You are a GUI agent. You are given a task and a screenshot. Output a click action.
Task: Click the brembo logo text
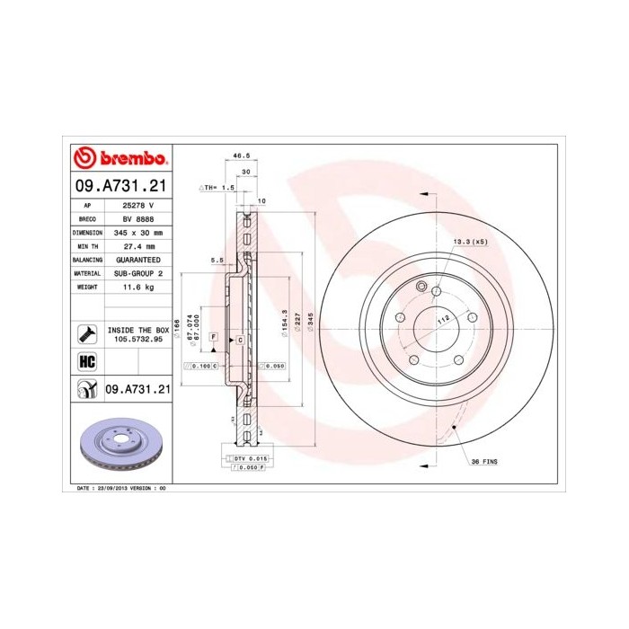pyautogui.click(x=131, y=159)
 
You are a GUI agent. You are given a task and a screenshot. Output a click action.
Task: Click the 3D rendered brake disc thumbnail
pyautogui.click(x=120, y=447)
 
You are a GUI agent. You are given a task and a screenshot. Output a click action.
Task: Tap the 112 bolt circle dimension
pyautogui.click(x=442, y=318)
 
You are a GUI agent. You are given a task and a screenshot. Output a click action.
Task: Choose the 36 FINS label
pyautogui.click(x=483, y=461)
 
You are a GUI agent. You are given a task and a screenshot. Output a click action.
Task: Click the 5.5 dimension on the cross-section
pyautogui.click(x=216, y=261)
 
